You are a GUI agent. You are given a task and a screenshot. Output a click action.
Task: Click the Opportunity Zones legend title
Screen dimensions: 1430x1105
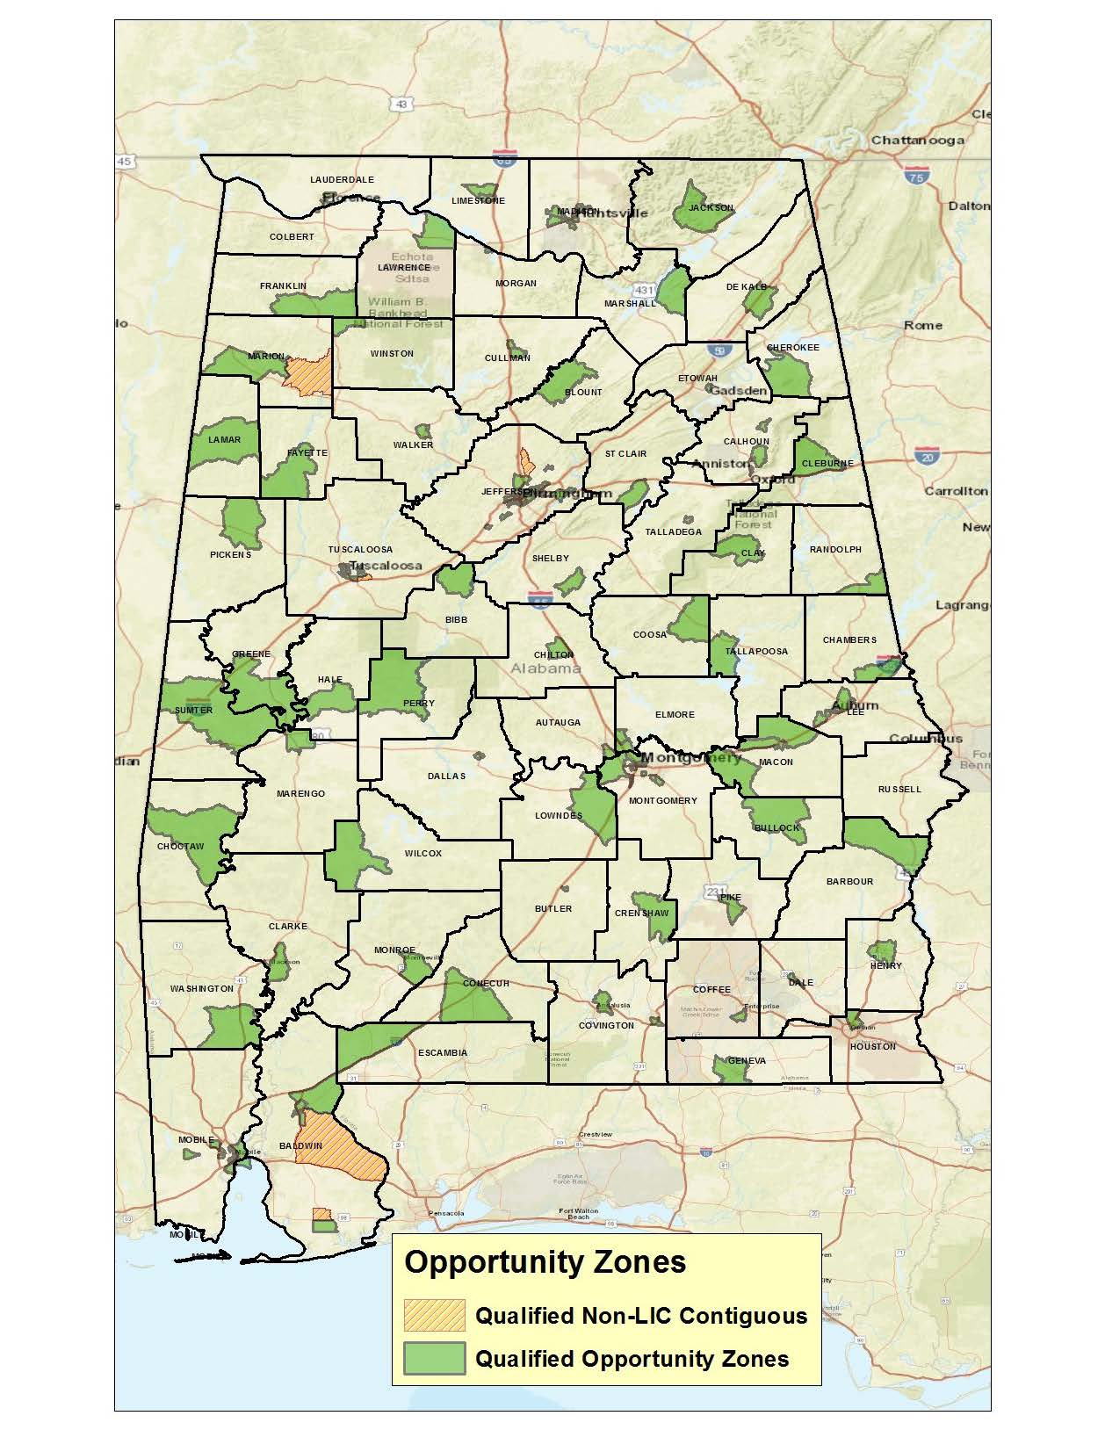click(x=545, y=1262)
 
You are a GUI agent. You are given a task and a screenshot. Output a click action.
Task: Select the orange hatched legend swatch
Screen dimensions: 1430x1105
click(x=433, y=1315)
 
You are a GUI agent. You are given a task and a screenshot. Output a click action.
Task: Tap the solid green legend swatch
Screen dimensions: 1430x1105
click(x=433, y=1358)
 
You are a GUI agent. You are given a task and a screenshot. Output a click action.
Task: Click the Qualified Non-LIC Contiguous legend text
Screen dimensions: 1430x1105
click(x=641, y=1316)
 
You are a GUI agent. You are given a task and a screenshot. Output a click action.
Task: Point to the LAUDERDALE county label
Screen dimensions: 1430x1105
click(x=342, y=180)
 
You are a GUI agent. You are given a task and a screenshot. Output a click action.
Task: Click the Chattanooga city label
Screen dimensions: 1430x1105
click(x=917, y=141)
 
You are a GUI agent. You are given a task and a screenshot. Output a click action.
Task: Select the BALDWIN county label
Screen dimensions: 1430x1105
click(x=300, y=1146)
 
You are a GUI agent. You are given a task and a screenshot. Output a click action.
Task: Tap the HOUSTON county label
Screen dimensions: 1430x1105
click(x=873, y=1046)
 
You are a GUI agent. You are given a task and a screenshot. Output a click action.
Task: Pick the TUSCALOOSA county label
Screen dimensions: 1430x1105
click(x=360, y=550)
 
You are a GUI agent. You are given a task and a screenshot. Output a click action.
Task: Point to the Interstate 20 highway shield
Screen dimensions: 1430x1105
click(x=925, y=456)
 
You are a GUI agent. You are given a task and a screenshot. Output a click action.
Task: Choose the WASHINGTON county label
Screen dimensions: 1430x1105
click(x=202, y=989)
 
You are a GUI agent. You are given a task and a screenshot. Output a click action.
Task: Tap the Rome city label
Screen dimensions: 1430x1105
click(x=922, y=325)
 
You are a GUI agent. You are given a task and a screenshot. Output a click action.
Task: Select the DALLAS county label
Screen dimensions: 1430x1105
click(x=446, y=776)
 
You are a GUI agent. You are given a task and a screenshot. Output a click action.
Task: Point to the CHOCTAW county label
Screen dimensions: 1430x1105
click(x=180, y=847)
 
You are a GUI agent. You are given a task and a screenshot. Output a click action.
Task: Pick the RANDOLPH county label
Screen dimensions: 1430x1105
click(x=835, y=550)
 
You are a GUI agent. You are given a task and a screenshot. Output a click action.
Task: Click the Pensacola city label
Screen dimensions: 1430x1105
click(x=446, y=1213)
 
